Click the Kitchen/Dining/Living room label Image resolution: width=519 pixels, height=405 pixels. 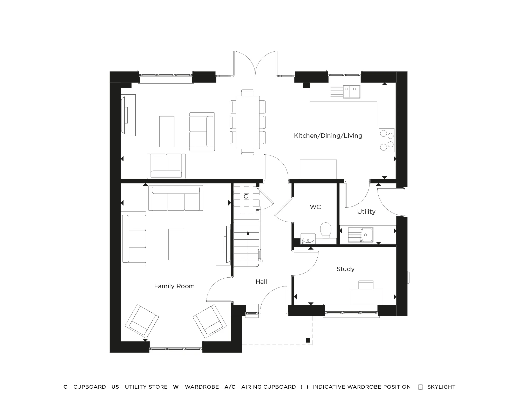[x=328, y=136]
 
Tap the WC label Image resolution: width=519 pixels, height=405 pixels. [x=315, y=207]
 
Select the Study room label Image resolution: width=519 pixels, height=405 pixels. [x=345, y=269]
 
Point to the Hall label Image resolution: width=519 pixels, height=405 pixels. [x=261, y=282]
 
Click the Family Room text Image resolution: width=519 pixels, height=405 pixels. [x=174, y=286]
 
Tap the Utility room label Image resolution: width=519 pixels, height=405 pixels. [x=366, y=212]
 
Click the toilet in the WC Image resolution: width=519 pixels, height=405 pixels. [x=326, y=230]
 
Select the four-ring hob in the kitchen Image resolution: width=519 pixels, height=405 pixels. [x=386, y=140]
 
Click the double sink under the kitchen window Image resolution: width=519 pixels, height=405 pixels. [x=351, y=92]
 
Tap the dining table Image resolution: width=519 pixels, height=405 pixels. [x=248, y=122]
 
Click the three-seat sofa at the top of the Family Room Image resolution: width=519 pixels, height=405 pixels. [x=176, y=198]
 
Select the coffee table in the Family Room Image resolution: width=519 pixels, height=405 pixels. [x=176, y=244]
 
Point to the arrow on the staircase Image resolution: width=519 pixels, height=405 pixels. [x=248, y=233]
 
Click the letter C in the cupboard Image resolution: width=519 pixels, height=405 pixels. [x=246, y=197]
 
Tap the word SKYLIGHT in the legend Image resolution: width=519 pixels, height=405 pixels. [x=441, y=387]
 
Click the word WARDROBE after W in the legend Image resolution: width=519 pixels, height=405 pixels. [x=202, y=387]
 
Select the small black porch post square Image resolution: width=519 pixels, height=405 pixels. [x=308, y=340]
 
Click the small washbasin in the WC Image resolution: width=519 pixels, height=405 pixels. [x=308, y=239]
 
